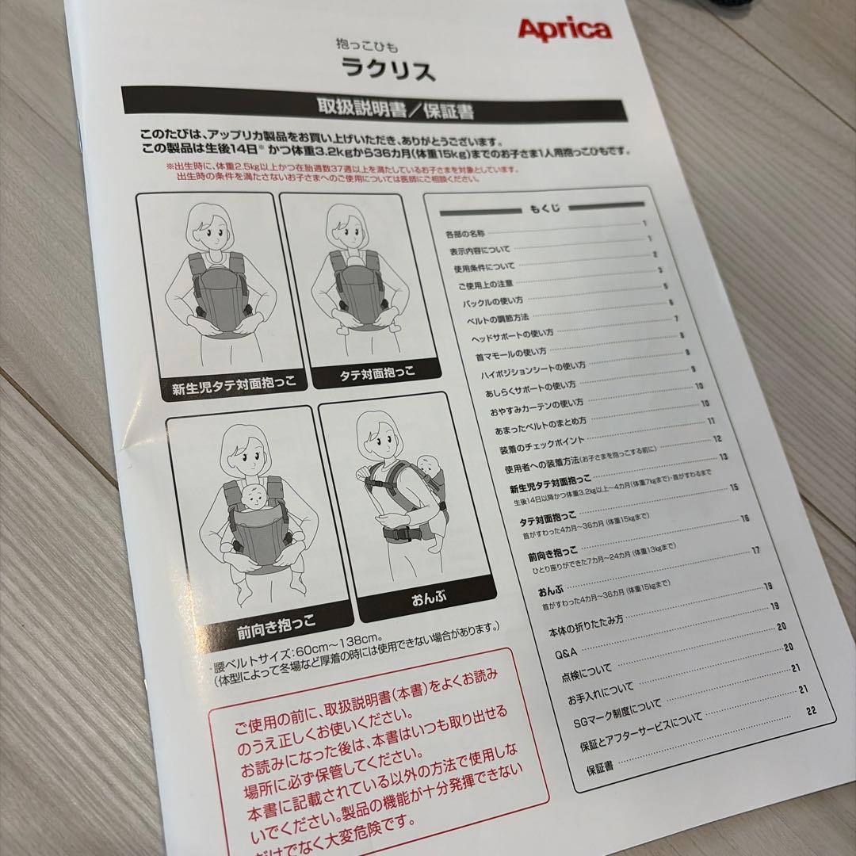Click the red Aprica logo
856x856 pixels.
pyautogui.click(x=564, y=30)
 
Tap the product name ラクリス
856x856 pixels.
pyautogui.click(x=388, y=71)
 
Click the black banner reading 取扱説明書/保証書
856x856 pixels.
pyautogui.click(x=396, y=110)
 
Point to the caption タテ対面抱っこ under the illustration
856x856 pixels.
pyautogui.click(x=366, y=373)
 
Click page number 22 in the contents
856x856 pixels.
pyautogui.click(x=810, y=711)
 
